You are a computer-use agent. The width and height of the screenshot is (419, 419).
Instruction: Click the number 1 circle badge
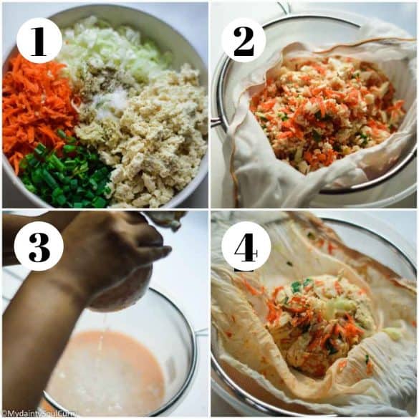click(x=39, y=39)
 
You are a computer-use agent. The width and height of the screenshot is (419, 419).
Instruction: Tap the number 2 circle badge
click(x=244, y=39)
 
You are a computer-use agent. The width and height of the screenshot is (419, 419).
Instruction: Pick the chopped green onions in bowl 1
click(x=68, y=175)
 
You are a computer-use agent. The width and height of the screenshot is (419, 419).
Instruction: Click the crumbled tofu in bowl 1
click(x=158, y=143)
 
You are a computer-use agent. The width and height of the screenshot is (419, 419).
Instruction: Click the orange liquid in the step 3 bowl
click(x=107, y=372)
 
